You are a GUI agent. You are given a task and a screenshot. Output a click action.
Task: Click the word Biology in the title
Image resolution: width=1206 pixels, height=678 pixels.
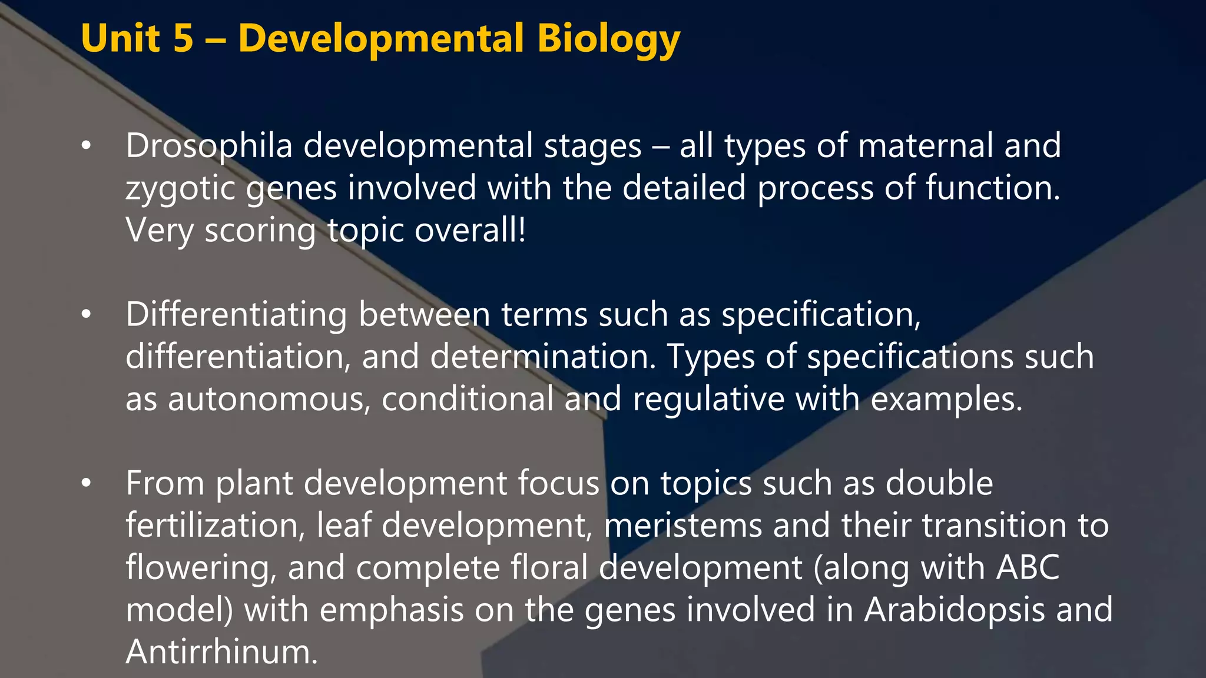click(608, 39)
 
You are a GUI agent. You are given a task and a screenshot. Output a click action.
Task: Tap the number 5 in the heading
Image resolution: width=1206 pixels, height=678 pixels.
click(183, 39)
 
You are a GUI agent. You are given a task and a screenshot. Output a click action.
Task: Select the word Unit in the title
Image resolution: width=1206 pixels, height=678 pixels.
click(120, 39)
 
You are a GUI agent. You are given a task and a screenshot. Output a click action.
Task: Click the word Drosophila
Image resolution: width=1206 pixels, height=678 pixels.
click(209, 146)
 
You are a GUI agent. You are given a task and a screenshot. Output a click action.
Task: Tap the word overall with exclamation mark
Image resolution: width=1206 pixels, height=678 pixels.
click(470, 230)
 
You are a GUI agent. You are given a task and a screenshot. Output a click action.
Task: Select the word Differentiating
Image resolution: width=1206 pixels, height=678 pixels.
click(236, 315)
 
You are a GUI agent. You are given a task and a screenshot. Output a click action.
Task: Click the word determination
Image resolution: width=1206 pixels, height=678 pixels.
click(542, 357)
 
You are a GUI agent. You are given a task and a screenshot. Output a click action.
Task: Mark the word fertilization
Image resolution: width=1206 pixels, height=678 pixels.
click(216, 525)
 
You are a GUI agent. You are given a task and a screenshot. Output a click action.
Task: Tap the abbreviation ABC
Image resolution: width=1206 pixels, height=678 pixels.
click(1028, 567)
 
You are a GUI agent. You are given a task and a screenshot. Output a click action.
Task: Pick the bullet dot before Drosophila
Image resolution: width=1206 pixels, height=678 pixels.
click(87, 146)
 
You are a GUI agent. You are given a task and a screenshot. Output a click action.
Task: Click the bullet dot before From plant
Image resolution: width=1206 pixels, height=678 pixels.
click(87, 483)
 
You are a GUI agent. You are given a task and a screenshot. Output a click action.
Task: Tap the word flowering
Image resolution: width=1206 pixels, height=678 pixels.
click(201, 569)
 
